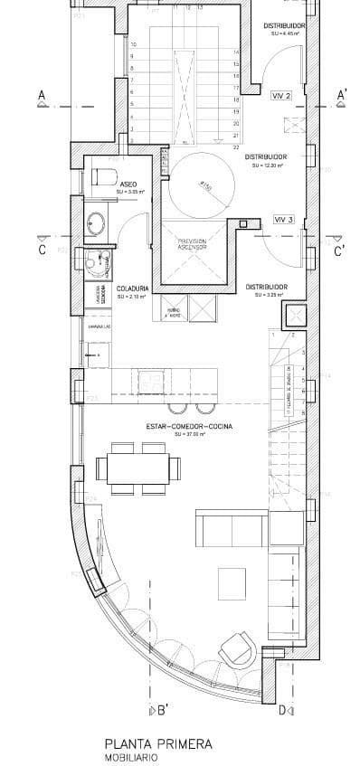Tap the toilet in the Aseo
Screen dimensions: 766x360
[102, 177]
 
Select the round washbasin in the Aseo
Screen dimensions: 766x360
[96, 222]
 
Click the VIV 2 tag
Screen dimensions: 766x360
[281, 94]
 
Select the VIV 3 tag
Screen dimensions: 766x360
[284, 219]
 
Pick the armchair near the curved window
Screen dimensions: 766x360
[235, 648]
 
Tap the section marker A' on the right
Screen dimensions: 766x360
[342, 95]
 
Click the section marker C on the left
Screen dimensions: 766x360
[42, 251]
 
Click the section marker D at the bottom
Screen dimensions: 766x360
[282, 710]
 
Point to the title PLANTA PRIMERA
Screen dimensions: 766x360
[157, 743]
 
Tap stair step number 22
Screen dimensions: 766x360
[236, 147]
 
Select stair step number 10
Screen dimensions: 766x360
[134, 44]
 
